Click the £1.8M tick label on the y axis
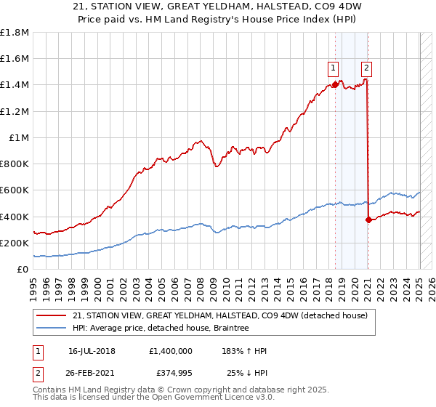coord(15,33)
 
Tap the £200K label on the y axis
coord(15,243)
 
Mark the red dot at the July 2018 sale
coord(335,84)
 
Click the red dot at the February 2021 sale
coord(368,219)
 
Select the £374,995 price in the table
coord(170,374)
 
